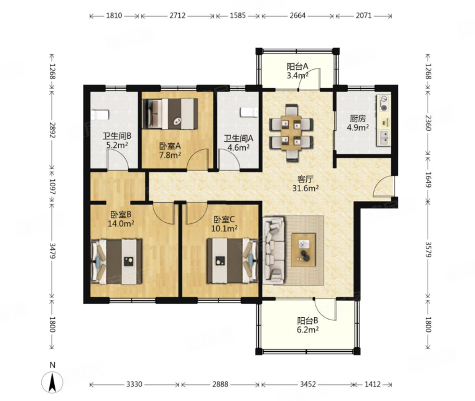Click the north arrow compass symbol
click(x=52, y=382)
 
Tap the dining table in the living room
click(x=291, y=133)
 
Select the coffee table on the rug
click(x=303, y=250)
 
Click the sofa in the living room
click(x=274, y=250)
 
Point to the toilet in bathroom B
click(x=100, y=115)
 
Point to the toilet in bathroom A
click(x=250, y=112)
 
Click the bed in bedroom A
click(x=170, y=114)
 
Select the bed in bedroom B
click(x=116, y=262)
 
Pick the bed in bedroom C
click(x=232, y=261)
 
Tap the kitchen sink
click(x=384, y=137)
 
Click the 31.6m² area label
click(x=306, y=188)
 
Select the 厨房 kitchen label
click(x=358, y=118)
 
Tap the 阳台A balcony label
click(x=298, y=66)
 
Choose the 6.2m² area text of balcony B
click(x=307, y=329)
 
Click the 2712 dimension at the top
click(x=177, y=15)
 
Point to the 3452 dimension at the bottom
click(x=308, y=384)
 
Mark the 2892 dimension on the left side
click(x=52, y=130)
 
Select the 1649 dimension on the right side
click(x=428, y=180)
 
